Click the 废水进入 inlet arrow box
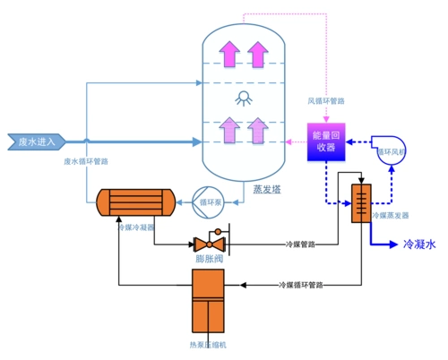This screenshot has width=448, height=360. (x=35, y=141)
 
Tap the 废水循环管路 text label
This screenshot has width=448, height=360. (x=87, y=162)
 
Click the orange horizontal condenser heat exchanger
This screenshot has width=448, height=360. (x=135, y=202)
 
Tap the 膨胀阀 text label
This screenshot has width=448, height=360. (x=210, y=260)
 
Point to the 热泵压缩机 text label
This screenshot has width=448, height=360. (x=209, y=344)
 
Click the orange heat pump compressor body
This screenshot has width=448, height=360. (x=209, y=302)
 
